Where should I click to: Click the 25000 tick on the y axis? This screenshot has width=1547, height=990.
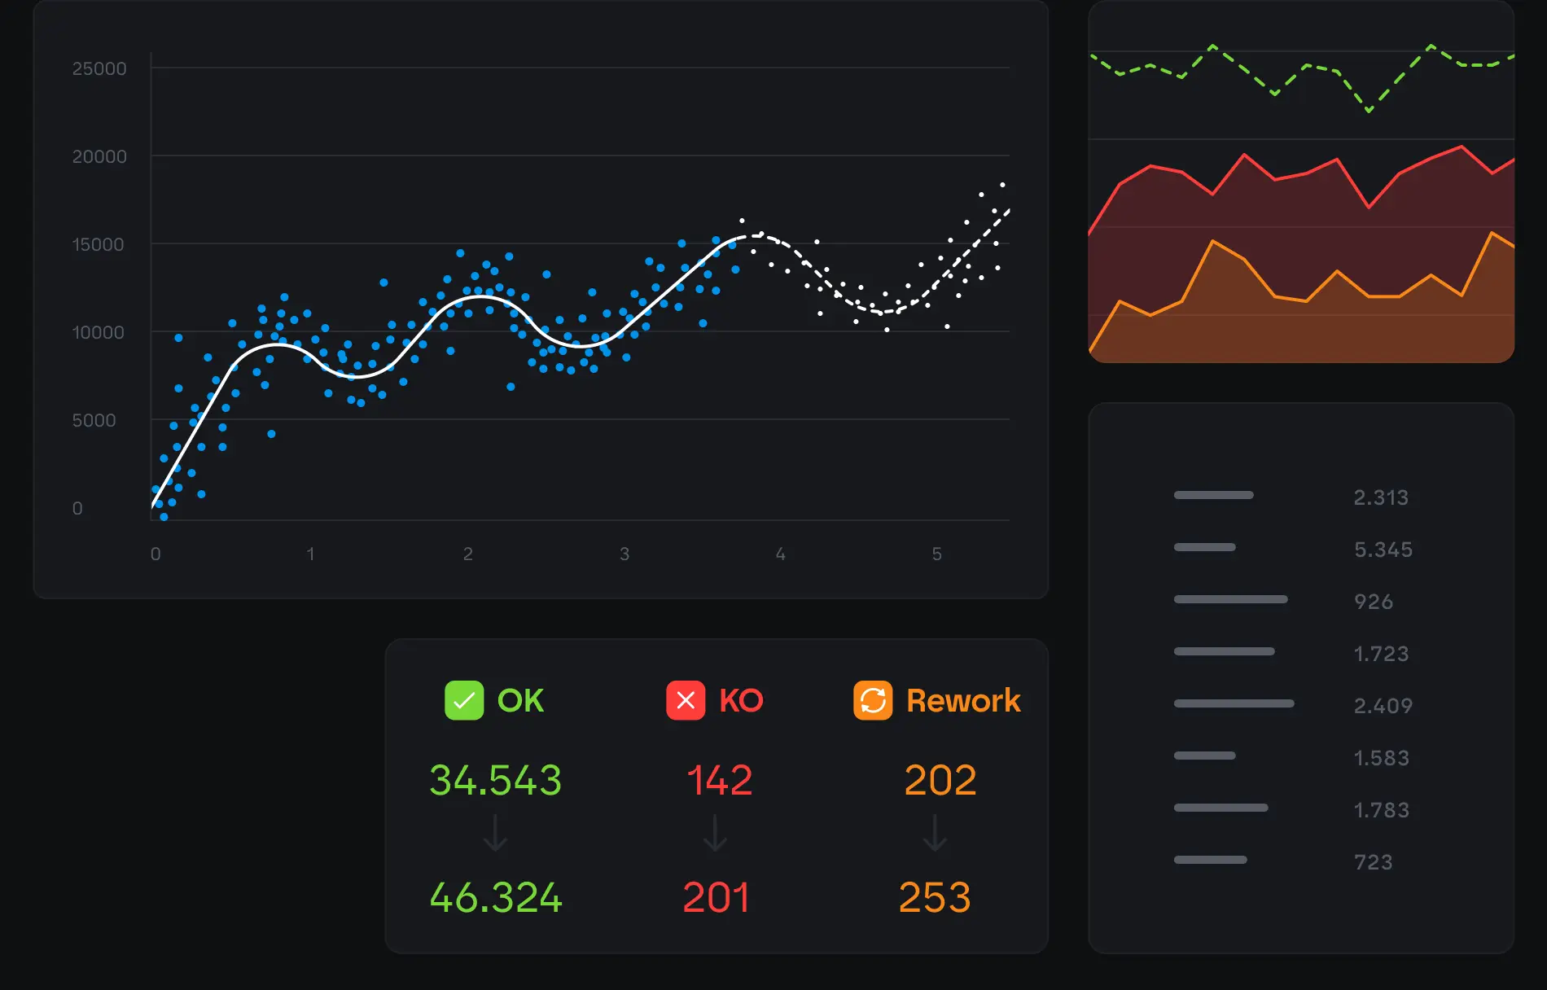[99, 68]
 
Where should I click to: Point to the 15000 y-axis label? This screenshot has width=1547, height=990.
[99, 244]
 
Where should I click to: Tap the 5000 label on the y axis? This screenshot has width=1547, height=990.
[94, 420]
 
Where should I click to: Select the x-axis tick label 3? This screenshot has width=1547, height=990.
[624, 554]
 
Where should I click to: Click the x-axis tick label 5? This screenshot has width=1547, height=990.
[937, 554]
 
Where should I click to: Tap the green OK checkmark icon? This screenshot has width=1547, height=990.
[464, 700]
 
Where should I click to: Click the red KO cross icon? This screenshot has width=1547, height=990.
[686, 700]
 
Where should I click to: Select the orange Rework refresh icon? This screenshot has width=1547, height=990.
[873, 700]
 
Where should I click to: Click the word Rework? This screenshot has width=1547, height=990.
[963, 700]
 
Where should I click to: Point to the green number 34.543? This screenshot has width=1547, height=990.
[495, 780]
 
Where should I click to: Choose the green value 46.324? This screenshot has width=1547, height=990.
[495, 897]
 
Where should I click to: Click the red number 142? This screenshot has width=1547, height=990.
[719, 780]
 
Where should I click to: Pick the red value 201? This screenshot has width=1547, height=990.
[716, 897]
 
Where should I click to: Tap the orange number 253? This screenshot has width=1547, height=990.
[935, 897]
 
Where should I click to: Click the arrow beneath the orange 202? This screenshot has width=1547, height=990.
[935, 834]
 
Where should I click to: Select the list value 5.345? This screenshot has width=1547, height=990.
[1383, 550]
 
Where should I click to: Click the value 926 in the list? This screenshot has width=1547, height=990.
[1374, 602]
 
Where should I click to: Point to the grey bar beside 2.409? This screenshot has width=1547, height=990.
[1234, 703]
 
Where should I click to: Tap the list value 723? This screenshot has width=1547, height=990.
[1374, 862]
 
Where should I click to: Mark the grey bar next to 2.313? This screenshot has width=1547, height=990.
[1213, 495]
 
